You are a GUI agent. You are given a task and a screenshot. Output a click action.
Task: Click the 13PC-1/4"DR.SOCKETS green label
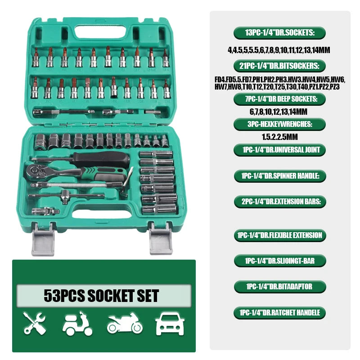pos(279,32)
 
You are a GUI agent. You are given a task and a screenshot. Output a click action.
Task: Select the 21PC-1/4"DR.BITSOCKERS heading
pos(279,66)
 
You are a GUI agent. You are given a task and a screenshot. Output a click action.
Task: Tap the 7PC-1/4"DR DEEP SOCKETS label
pos(279,99)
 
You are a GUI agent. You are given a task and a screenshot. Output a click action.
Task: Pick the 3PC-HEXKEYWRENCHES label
pos(279,124)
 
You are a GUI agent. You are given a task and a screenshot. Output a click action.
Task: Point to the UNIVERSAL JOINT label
pos(279,149)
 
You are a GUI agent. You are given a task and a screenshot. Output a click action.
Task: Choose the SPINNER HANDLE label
pos(279,175)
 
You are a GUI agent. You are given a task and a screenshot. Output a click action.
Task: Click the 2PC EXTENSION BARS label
pos(279,202)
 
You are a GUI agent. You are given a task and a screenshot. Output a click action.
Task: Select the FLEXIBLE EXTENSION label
pos(279,235)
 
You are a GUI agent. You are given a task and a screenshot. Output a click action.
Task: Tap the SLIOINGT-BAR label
pos(279,261)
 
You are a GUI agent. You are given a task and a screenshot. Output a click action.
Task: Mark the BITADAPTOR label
pos(279,286)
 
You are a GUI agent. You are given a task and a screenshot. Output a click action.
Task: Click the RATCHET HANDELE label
pos(279,312)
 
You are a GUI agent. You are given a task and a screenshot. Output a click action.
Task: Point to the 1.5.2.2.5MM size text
pos(279,136)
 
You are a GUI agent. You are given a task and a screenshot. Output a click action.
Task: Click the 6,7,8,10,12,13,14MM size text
pos(279,111)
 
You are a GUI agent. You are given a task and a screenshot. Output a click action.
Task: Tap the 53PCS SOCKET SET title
pos(101,296)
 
